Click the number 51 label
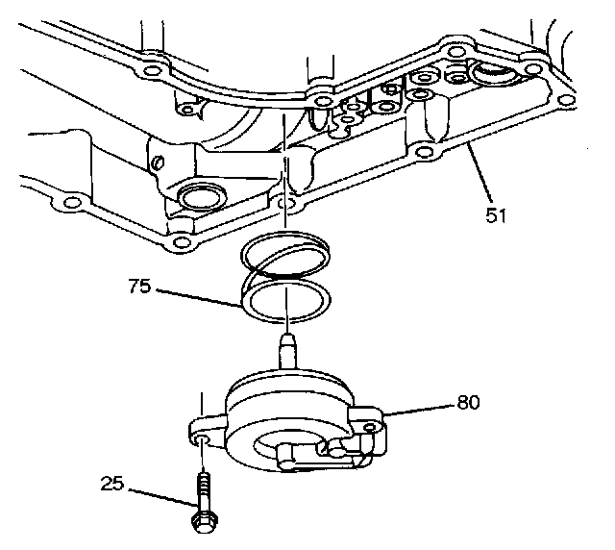[x=496, y=216]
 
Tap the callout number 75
[x=139, y=286]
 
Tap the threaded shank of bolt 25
[x=203, y=490]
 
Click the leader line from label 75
[x=197, y=296]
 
